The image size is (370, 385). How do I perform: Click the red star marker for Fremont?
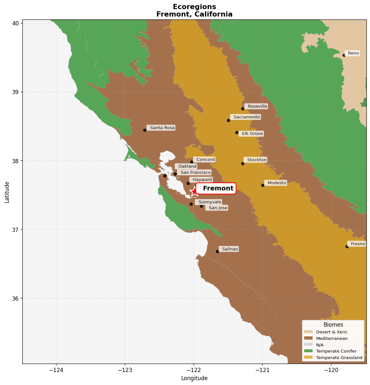click(x=194, y=191)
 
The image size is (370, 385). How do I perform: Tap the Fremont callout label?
click(x=216, y=188)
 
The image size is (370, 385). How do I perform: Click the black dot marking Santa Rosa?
click(x=145, y=130)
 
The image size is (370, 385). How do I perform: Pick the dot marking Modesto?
click(x=263, y=185)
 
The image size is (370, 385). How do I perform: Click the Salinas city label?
click(x=230, y=249)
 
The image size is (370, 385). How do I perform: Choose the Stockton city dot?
click(x=243, y=163)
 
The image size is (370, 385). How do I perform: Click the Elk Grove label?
click(x=252, y=134)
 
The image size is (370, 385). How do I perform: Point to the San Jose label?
click(x=218, y=208)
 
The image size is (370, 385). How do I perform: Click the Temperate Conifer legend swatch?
click(x=308, y=351)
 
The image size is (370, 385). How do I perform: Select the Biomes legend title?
click(x=333, y=325)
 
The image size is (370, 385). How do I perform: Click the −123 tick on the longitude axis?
click(x=125, y=370)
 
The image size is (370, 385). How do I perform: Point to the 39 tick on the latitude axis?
click(x=16, y=92)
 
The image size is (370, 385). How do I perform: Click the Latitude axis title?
click(x=7, y=192)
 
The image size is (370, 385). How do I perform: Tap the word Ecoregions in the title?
click(x=194, y=7)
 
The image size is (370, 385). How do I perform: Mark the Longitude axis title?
click(x=194, y=378)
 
